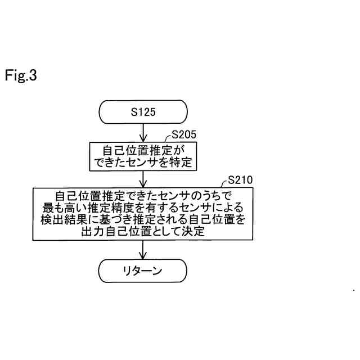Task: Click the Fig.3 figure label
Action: click(21, 75)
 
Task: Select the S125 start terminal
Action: click(143, 111)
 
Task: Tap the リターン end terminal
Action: click(143, 271)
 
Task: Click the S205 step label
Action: click(183, 135)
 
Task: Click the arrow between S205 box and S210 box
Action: click(143, 178)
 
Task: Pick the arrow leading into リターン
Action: click(143, 249)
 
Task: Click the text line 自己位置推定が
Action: click(143, 150)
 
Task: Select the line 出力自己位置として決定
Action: click(143, 231)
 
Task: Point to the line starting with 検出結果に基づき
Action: click(143, 219)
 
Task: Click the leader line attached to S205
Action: click(167, 138)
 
